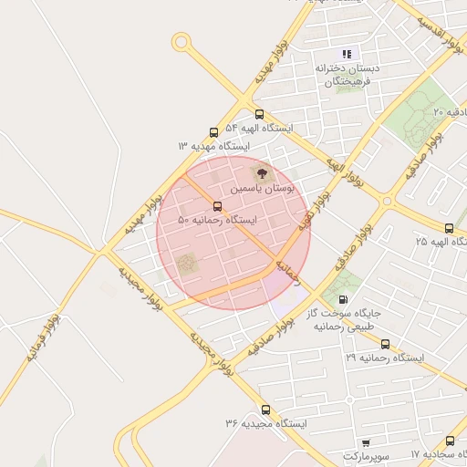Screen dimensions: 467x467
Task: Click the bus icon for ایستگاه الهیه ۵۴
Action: click(260, 115)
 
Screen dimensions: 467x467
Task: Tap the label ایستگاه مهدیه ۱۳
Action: click(214, 145)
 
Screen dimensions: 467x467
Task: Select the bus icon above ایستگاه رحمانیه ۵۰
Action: click(217, 206)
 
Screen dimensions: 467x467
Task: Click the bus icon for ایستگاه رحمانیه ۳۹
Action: click(385, 345)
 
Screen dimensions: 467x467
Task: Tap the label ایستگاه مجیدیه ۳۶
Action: click(266, 424)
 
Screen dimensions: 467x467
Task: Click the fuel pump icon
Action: click(343, 298)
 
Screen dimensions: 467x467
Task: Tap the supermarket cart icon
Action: click(366, 441)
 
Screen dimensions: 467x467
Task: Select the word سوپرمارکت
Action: click(366, 454)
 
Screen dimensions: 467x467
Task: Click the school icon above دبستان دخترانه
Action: click(347, 54)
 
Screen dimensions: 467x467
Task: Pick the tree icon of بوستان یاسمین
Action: click(261, 172)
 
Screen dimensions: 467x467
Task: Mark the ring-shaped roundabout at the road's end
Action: click(182, 41)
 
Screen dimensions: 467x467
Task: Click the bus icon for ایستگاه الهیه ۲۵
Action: click(449, 228)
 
